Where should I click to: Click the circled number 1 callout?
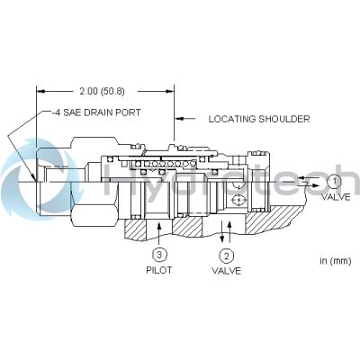[334, 182]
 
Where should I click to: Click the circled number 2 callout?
[227, 256]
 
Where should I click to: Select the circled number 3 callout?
[159, 255]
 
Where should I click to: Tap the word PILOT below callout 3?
[159, 270]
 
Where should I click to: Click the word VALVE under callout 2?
[227, 271]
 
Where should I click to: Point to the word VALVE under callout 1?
[336, 197]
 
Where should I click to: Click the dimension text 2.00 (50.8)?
[102, 91]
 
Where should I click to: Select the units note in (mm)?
[336, 261]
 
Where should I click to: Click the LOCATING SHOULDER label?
[259, 119]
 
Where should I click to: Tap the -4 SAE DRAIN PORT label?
[96, 112]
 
